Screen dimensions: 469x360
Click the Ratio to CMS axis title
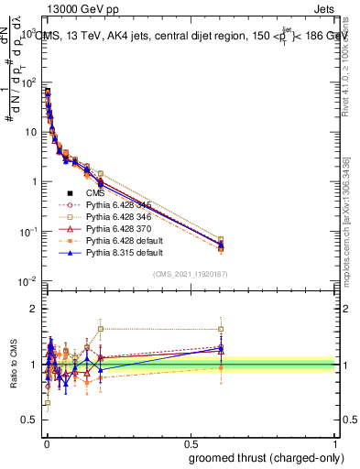pyautogui.click(x=12, y=363)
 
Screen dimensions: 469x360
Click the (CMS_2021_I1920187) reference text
pyautogui.click(x=190, y=274)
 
